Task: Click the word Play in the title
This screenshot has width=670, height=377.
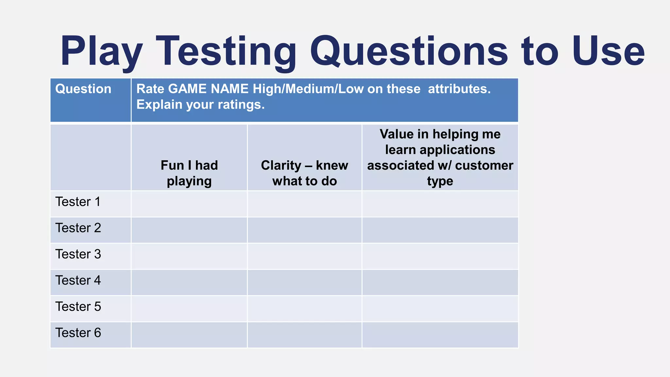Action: click(101, 52)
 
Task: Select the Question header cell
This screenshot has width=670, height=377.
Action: click(83, 89)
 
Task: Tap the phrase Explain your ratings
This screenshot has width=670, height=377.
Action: click(200, 105)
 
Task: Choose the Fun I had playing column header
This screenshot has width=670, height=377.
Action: click(189, 173)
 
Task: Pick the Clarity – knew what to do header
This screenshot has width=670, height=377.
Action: click(305, 173)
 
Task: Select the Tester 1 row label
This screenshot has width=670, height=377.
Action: click(78, 202)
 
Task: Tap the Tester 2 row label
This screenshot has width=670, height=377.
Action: click(78, 228)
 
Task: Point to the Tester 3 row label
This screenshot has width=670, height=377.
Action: click(78, 254)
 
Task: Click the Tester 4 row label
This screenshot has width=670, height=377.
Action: click(78, 280)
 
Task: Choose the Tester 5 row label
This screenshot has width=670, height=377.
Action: click(78, 307)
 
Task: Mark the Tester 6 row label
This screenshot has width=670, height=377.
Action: click(78, 333)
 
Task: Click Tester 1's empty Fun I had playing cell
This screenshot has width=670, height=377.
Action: click(189, 204)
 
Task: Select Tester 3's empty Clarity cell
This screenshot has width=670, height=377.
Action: click(305, 256)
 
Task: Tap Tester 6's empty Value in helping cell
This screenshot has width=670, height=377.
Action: click(440, 335)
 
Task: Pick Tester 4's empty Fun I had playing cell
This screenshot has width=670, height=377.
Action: click(189, 282)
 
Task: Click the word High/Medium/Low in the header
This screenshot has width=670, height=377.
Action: click(308, 89)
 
